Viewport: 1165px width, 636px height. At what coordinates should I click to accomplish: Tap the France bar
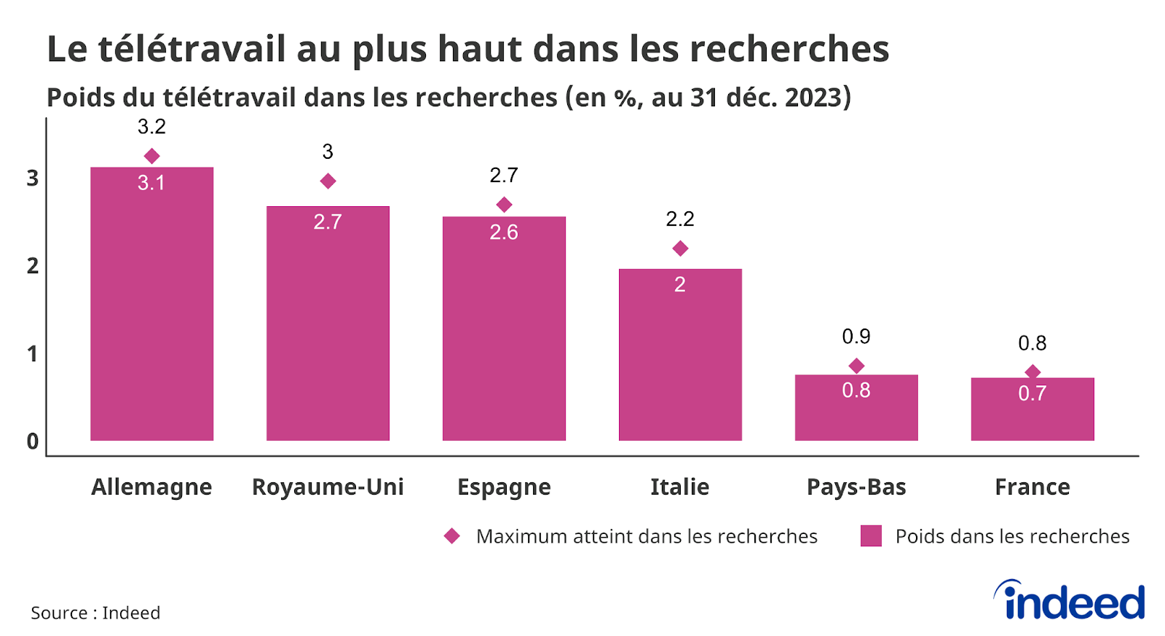coord(1032,415)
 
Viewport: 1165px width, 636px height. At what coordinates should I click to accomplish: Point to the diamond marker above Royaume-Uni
coord(328,181)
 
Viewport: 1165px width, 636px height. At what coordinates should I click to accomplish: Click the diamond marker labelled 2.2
coord(680,248)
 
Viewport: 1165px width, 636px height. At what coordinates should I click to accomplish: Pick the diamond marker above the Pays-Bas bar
coord(856,366)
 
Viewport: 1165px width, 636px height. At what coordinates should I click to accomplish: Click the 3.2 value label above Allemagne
coord(151,127)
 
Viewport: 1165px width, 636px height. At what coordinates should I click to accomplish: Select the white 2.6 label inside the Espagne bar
coord(503,232)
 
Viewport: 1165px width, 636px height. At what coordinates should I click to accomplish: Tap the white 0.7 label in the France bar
coord(1032,393)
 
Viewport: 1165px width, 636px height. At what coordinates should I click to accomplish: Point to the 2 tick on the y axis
coord(33,266)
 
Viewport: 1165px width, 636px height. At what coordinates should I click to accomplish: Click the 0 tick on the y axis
coord(33,441)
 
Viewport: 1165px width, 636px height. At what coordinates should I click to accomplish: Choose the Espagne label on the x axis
coord(503,487)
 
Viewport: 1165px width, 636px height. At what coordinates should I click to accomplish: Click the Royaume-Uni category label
coord(328,487)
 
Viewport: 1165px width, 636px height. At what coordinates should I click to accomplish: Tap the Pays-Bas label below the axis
coord(856,487)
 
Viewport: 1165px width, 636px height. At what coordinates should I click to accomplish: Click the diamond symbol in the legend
coord(451,536)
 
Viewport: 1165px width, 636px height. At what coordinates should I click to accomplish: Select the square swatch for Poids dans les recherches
coord(871,536)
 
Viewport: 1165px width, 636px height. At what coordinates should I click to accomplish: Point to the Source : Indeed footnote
coord(95,613)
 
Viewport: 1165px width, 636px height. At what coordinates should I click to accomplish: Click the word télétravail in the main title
coord(191,50)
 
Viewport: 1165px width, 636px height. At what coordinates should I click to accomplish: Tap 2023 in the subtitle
coord(812,97)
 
